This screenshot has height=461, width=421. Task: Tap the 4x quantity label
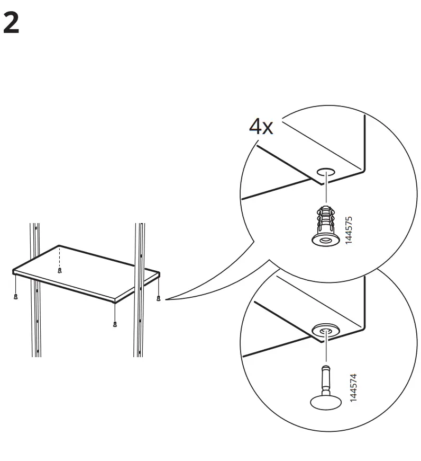pyautogui.click(x=261, y=127)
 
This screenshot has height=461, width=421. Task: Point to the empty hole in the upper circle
pyautogui.click(x=326, y=172)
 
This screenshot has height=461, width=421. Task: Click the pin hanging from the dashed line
pyautogui.click(x=60, y=271)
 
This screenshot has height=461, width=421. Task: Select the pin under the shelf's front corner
pyautogui.click(x=115, y=323)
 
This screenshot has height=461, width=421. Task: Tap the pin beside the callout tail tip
pyautogui.click(x=159, y=298)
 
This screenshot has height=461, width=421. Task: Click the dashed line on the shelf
pyautogui.click(x=60, y=256)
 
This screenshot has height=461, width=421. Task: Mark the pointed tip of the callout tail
pyautogui.click(x=166, y=299)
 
